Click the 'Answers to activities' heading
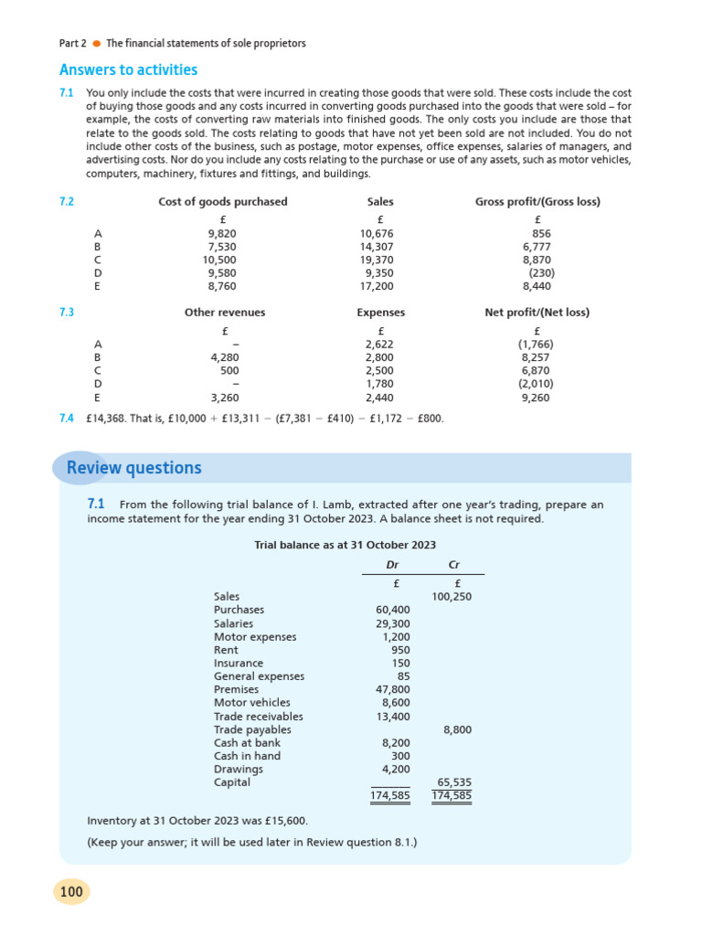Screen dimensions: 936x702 pyautogui.click(x=128, y=70)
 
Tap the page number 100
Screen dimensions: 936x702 pyautogui.click(x=71, y=891)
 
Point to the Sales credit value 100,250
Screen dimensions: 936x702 pyautogui.click(x=452, y=597)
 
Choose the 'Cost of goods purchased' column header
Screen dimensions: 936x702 pyautogui.click(x=223, y=202)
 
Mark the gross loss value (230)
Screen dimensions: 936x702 pyautogui.click(x=541, y=272)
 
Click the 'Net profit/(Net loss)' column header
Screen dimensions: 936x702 pyautogui.click(x=537, y=313)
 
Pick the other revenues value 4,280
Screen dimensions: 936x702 pyautogui.click(x=225, y=357)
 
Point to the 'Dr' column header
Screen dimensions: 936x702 pyautogui.click(x=393, y=566)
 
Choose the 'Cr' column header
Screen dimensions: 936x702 pyautogui.click(x=455, y=566)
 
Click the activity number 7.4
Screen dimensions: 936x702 pyautogui.click(x=66, y=419)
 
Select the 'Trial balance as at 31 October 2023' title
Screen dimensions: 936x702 pyautogui.click(x=345, y=545)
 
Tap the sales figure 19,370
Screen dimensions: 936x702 pyautogui.click(x=377, y=260)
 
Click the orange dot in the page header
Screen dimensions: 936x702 pyautogui.click(x=96, y=43)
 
